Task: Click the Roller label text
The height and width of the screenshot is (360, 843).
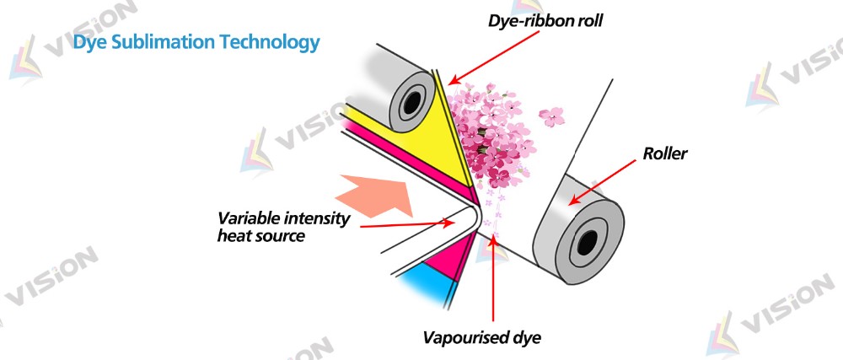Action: (666, 154)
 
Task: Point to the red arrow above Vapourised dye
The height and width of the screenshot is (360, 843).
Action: (492, 279)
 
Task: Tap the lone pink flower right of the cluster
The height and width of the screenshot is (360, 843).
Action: (552, 116)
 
